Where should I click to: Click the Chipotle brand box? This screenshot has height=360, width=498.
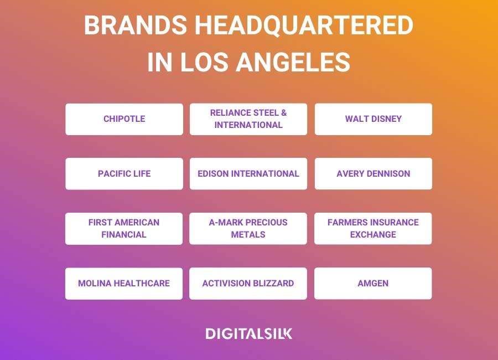coord(124,119)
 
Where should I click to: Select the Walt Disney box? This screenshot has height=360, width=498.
coord(373,119)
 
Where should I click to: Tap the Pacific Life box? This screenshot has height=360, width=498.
coord(124,174)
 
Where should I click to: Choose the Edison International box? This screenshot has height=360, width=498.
coord(248,174)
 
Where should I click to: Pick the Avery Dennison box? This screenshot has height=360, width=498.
coord(373,174)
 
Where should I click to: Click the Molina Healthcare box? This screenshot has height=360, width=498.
coord(124,284)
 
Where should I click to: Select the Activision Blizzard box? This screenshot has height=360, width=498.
coord(248,284)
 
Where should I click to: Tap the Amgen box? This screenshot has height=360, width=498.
coord(373,284)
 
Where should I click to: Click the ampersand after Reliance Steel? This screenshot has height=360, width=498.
coord(284,113)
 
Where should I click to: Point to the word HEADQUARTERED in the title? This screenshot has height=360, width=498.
coord(304,25)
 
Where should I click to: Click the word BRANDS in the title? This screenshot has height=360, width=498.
coord(136,25)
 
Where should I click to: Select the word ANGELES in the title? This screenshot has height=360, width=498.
coord(293,61)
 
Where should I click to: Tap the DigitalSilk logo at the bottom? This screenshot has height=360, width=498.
coord(248,333)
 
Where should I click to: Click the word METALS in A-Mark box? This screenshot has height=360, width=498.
coord(248,235)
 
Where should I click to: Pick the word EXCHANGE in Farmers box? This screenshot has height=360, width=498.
coord(373,235)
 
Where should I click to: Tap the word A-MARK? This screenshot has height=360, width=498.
coord(226,222)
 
